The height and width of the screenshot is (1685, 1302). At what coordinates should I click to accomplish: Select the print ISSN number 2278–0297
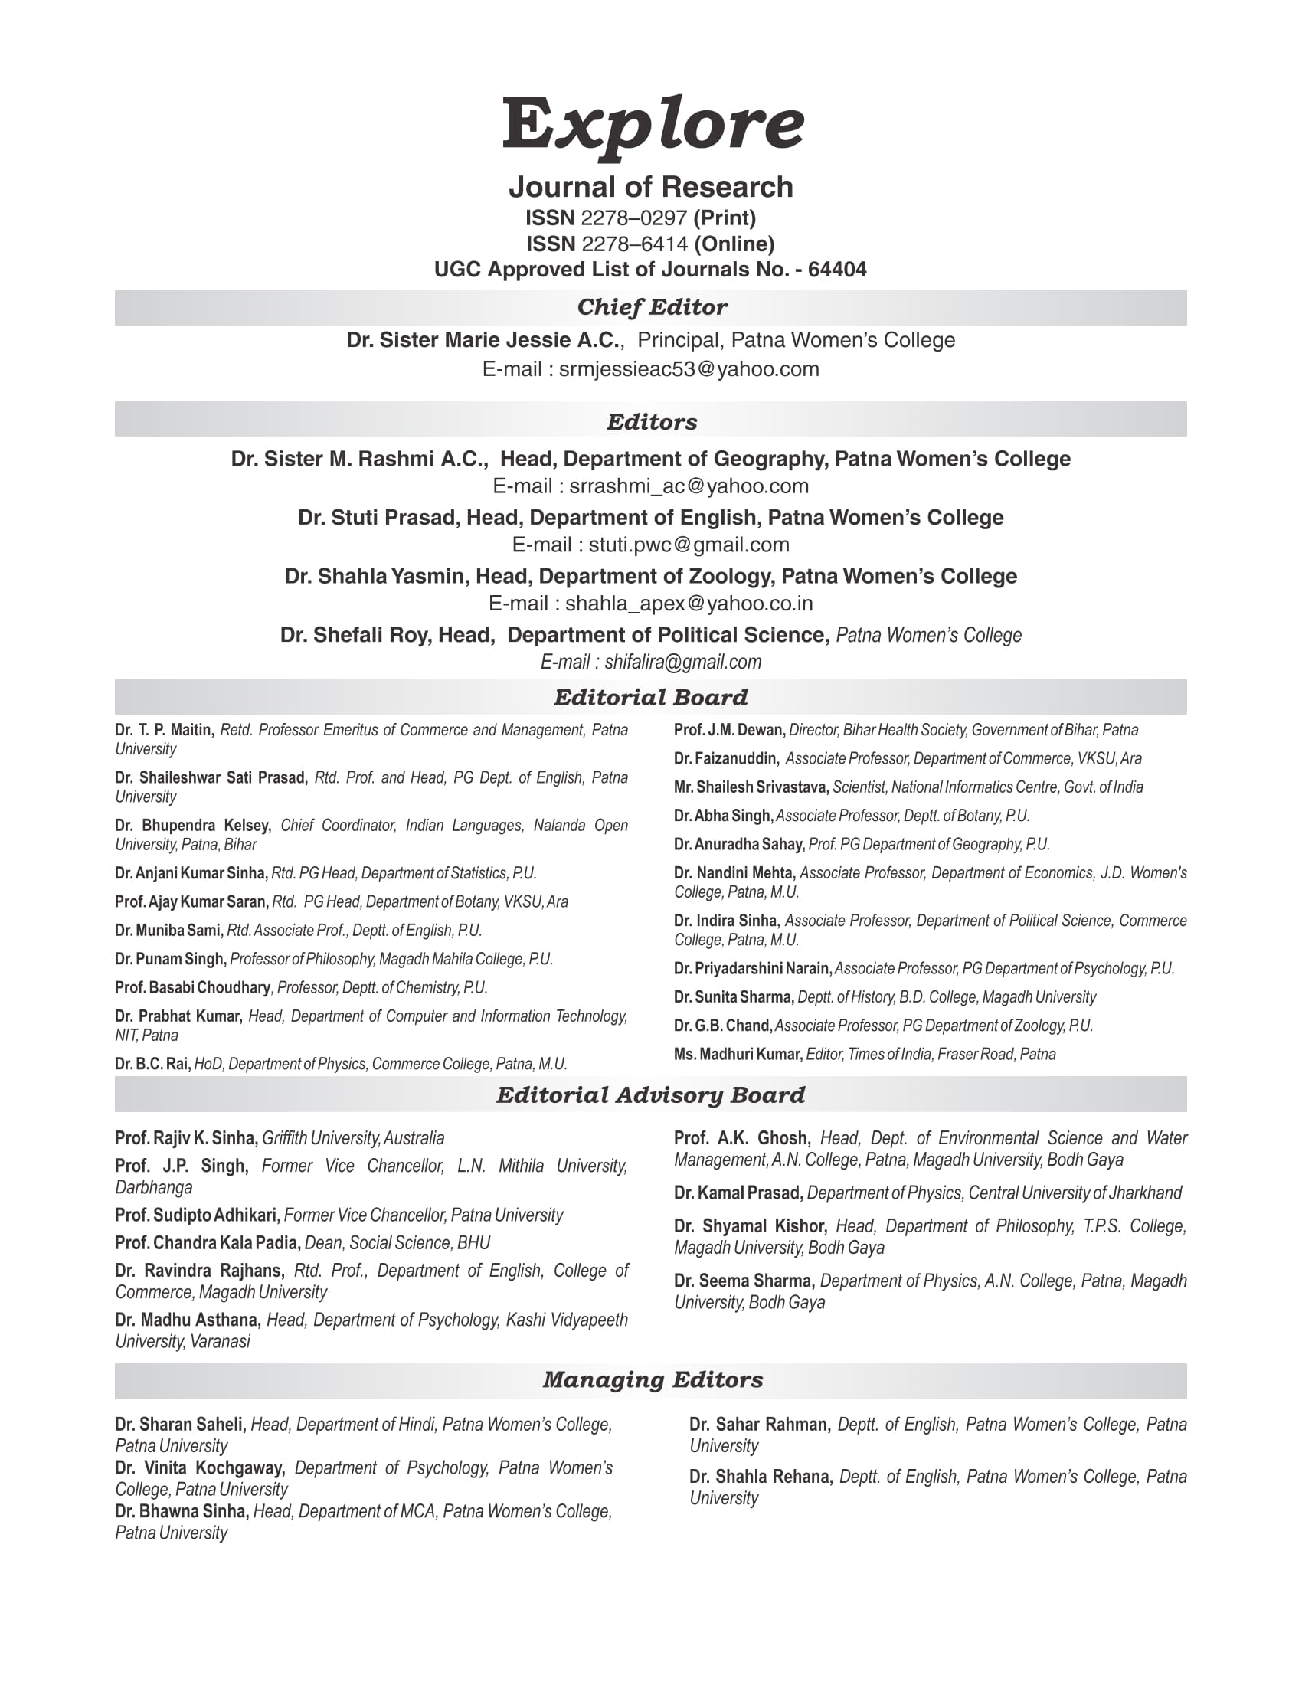633,218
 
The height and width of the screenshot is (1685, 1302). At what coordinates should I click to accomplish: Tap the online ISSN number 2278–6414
634,244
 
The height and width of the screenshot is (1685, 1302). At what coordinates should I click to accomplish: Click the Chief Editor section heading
651,307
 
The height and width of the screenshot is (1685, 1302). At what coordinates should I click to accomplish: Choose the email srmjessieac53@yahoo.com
688,369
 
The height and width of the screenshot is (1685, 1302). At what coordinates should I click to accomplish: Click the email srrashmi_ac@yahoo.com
688,486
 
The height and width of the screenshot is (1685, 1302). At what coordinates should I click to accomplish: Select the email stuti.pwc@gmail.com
688,545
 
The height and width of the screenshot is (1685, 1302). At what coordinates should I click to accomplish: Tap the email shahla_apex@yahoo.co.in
688,604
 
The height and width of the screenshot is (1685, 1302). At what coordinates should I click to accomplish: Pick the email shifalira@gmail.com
682,662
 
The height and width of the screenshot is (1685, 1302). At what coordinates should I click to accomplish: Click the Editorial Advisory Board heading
650,1094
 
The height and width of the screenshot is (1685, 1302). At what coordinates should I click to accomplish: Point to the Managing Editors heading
652,1379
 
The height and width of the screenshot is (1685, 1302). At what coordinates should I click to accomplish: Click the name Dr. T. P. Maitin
164,730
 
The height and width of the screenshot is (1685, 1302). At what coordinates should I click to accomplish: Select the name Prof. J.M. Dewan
729,730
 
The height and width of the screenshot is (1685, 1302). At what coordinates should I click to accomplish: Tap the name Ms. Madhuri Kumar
738,1054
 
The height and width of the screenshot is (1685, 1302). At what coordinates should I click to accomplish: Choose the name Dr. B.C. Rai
152,1064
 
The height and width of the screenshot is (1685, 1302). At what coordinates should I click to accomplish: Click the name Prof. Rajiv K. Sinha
186,1138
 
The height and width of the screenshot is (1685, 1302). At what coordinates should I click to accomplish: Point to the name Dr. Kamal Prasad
738,1193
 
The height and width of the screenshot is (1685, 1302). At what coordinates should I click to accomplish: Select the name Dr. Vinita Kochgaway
200,1467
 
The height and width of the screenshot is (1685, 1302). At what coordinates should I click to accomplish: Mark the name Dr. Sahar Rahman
759,1425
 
